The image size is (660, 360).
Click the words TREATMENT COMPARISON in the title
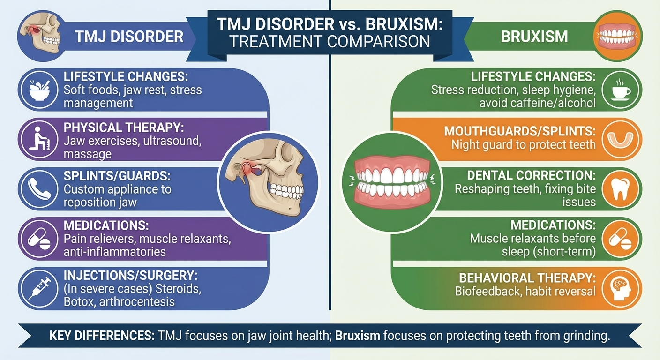coord(330,41)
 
